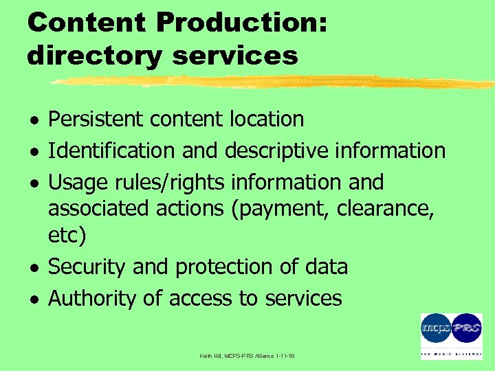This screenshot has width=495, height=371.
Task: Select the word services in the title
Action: [x=235, y=55]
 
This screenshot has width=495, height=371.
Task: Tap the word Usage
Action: [x=75, y=183]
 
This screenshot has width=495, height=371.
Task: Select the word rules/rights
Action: [x=167, y=183]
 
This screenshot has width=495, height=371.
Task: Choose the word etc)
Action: [x=67, y=236]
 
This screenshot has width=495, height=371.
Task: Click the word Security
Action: [x=87, y=267]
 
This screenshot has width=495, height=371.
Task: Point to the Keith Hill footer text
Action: [x=247, y=356]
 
